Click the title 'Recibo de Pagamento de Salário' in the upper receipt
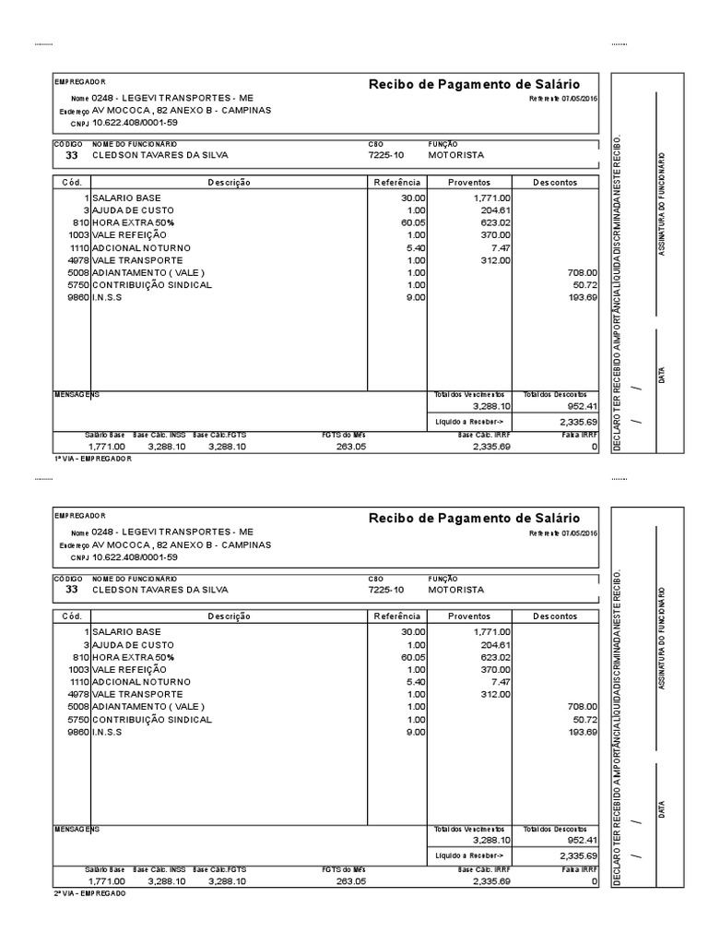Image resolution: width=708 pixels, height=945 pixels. pyautogui.click(x=474, y=84)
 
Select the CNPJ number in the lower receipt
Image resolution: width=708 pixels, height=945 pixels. pyautogui.click(x=136, y=556)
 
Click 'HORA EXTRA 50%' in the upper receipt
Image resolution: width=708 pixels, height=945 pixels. pyautogui.click(x=133, y=222)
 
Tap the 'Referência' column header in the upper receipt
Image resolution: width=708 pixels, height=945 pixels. pyautogui.click(x=396, y=183)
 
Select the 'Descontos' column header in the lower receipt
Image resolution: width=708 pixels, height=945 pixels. pyautogui.click(x=555, y=616)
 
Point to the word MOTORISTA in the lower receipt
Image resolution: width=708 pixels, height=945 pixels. pyautogui.click(x=456, y=589)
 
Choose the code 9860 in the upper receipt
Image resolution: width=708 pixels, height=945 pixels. pyautogui.click(x=77, y=298)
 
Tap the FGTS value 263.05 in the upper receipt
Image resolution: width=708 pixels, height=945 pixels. pyautogui.click(x=350, y=447)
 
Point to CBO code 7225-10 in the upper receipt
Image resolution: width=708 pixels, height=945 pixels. pyautogui.click(x=385, y=155)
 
